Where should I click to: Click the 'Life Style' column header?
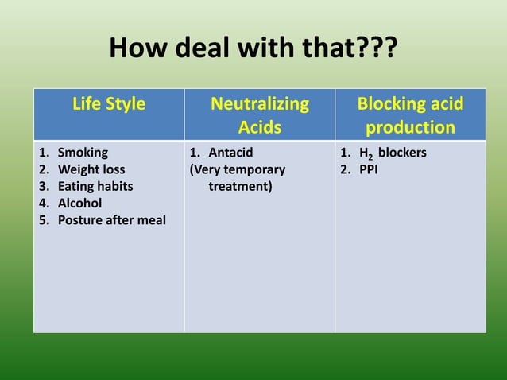(x=109, y=104)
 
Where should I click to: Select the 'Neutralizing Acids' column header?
(x=260, y=115)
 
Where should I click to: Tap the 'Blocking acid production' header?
(x=410, y=115)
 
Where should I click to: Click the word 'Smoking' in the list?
(x=83, y=152)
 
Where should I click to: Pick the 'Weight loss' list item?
(x=91, y=169)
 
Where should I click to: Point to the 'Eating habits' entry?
(x=95, y=186)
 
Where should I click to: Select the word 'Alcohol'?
(x=79, y=203)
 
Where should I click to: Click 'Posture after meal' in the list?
(x=111, y=219)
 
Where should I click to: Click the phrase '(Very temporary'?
(x=237, y=169)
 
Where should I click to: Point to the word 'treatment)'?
(x=239, y=186)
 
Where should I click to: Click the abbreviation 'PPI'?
(x=370, y=169)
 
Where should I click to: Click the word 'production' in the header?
(x=410, y=127)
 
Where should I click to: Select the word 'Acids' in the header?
(x=260, y=127)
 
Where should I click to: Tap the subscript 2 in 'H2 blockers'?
(x=372, y=157)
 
